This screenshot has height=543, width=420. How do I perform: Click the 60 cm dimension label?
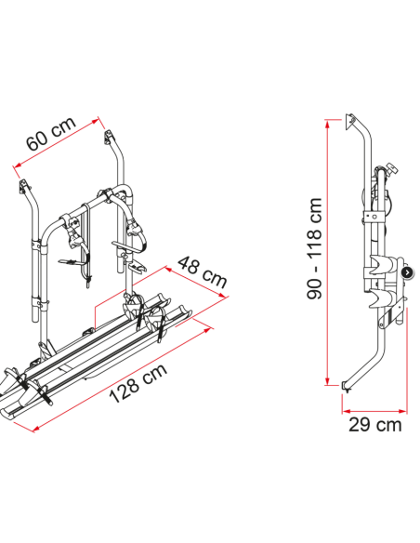point(51,134)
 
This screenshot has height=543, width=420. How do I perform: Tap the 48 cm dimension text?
point(203,272)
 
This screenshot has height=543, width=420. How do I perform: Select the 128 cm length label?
point(138,383)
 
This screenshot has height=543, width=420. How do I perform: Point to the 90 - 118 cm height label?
point(314,248)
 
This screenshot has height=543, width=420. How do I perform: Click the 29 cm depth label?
point(375,425)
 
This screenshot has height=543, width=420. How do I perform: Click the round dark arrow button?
point(407,272)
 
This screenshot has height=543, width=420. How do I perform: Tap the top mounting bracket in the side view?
point(350,121)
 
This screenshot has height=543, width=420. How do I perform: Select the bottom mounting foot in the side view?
point(347,387)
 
